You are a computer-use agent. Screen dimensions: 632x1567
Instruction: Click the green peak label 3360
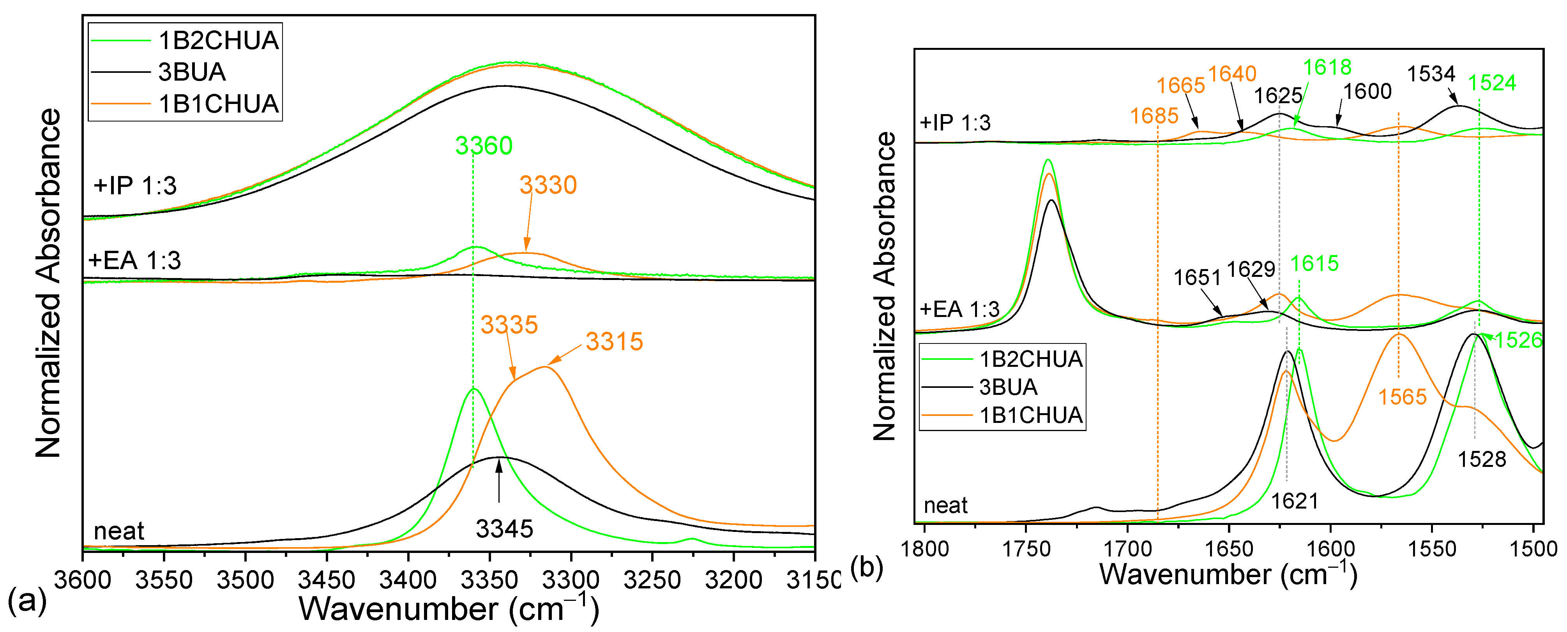484,146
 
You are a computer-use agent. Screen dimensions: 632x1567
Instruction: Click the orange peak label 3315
615,342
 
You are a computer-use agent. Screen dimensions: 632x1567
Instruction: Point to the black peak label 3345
504,529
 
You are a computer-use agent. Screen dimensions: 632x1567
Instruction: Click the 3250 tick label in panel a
652,580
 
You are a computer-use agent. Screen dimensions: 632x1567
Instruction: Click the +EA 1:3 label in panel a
135,261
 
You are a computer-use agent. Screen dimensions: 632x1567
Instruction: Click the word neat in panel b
945,505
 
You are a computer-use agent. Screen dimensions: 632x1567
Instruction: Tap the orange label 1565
1402,397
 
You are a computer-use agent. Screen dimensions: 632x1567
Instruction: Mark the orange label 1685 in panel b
1154,116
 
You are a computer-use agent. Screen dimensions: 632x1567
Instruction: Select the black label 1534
1431,74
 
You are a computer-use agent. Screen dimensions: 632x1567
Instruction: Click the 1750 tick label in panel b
1026,549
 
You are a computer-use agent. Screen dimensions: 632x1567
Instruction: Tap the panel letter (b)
866,568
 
